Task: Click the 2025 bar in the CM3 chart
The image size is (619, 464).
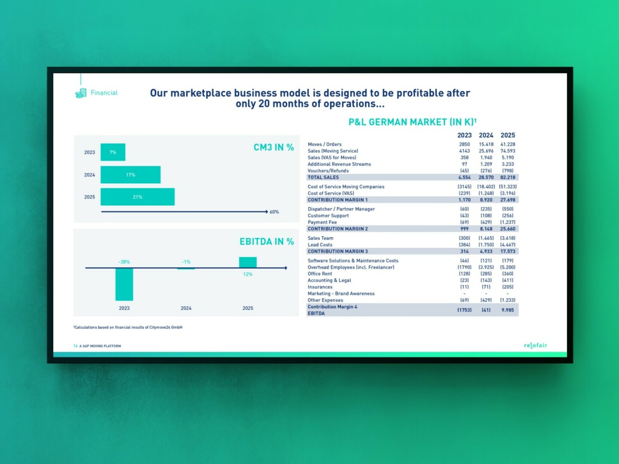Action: [137, 197]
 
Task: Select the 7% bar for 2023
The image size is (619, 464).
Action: [113, 152]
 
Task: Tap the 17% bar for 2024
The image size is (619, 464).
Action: [130, 175]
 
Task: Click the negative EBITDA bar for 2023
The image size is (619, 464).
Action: [124, 284]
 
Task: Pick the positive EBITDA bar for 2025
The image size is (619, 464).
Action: [248, 262]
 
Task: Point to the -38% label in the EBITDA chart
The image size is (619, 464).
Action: [124, 262]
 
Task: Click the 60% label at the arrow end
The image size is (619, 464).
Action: [274, 212]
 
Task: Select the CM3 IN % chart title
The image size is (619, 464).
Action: [274, 148]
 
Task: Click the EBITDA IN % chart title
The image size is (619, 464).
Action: [267, 242]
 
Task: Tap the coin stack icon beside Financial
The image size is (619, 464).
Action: [81, 93]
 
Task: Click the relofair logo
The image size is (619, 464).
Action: [535, 345]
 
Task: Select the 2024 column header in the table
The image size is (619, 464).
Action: [486, 135]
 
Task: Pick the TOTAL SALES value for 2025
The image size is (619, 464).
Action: [508, 177]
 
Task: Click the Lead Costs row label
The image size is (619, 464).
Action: [320, 245]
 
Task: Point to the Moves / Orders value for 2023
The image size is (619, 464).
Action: [464, 144]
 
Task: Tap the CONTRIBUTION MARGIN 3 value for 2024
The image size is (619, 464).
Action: [486, 251]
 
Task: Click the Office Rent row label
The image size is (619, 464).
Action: [320, 274]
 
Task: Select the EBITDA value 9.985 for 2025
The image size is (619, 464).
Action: [508, 310]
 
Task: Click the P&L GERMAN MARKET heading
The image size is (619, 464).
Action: [412, 122]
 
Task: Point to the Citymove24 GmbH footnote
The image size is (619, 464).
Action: [128, 327]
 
